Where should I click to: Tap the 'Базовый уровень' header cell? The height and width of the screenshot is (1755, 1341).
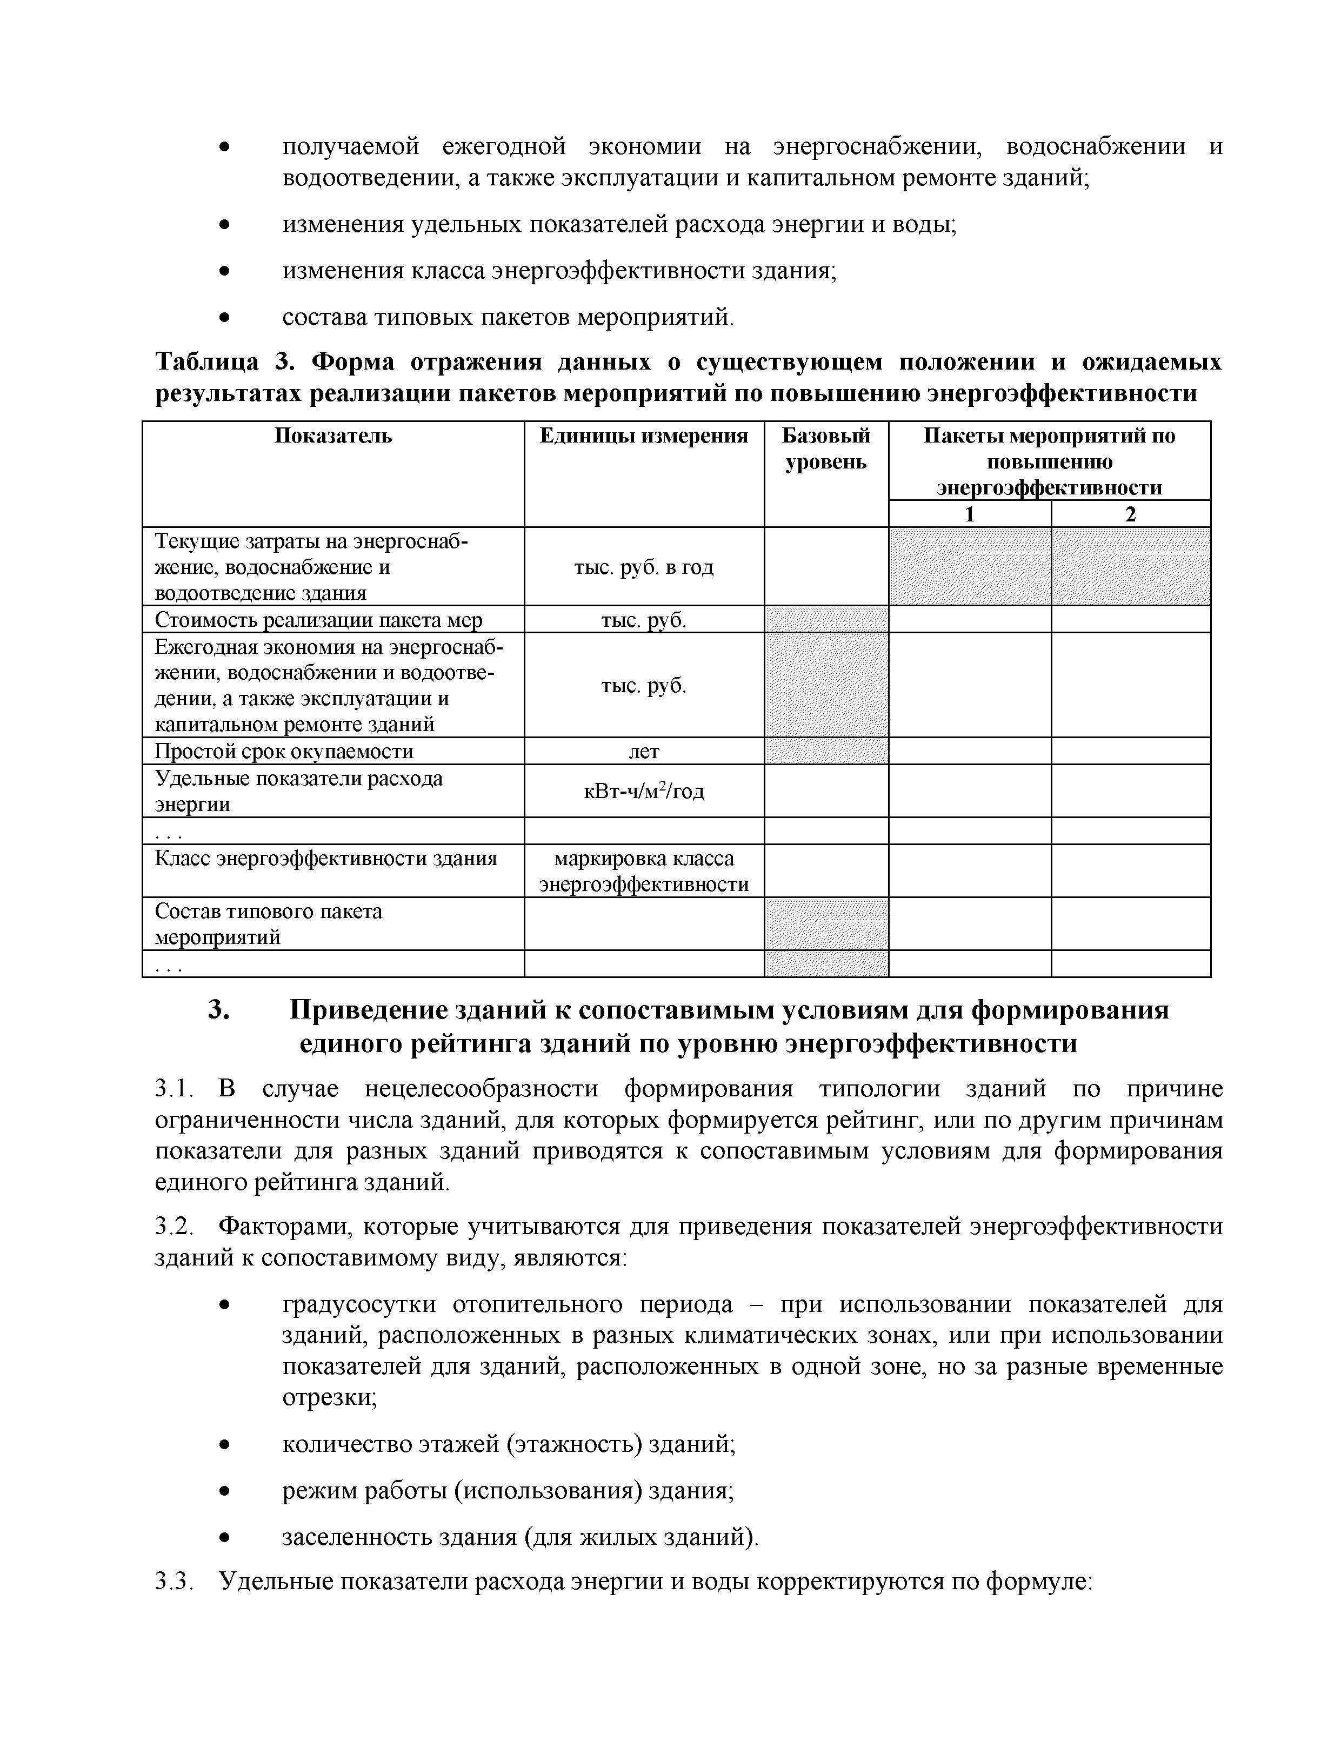825,448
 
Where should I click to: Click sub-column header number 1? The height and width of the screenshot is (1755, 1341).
969,514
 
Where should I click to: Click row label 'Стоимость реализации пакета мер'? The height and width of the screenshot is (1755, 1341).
318,620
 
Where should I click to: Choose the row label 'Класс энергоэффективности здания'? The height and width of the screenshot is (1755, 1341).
326,859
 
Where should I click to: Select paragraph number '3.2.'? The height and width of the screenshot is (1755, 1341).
174,1226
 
